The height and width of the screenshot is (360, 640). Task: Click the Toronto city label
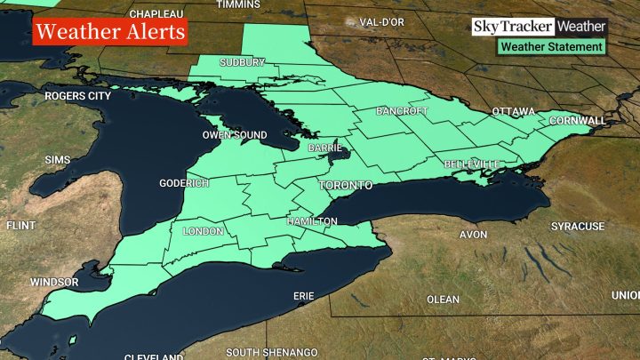click(345, 187)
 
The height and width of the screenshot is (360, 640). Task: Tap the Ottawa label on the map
click(514, 112)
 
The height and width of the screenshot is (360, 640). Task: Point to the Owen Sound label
click(234, 135)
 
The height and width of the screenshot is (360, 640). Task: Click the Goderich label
click(184, 183)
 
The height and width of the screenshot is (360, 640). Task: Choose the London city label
click(202, 231)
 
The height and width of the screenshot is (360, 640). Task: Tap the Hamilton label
click(312, 220)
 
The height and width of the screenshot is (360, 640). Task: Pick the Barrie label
click(325, 148)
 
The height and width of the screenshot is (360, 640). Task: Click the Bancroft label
click(403, 112)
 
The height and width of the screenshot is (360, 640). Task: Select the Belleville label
click(472, 165)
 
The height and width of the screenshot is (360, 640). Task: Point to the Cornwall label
click(578, 120)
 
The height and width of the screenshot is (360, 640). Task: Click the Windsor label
click(54, 282)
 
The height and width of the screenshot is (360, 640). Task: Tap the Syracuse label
click(577, 227)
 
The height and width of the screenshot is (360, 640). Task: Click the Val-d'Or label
click(383, 21)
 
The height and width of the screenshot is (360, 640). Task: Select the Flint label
click(20, 227)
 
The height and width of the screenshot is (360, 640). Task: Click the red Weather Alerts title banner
click(111, 33)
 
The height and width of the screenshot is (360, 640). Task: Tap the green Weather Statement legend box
click(551, 46)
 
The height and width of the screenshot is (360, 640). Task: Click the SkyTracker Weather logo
click(539, 27)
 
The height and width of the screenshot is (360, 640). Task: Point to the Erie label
click(303, 295)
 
